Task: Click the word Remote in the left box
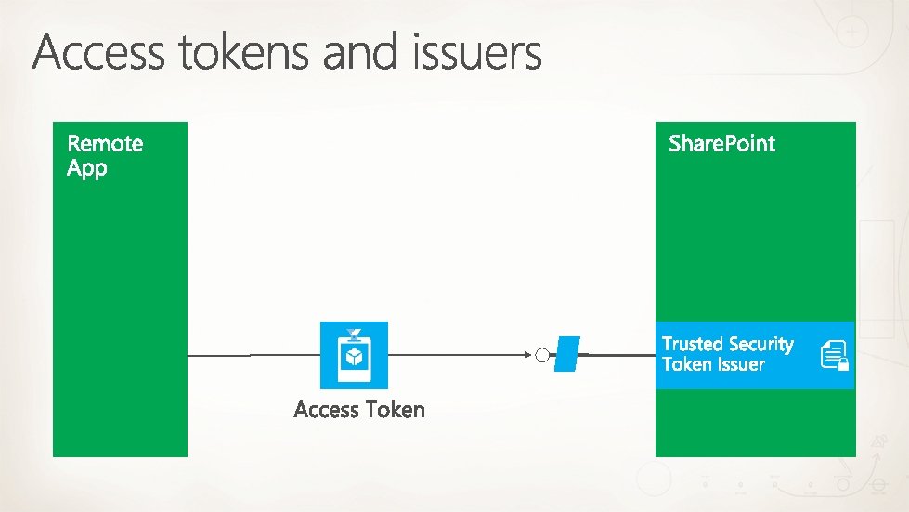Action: pyautogui.click(x=105, y=143)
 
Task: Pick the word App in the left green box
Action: pyautogui.click(x=87, y=169)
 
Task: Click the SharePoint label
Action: pyautogui.click(x=721, y=143)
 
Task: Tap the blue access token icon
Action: pyautogui.click(x=354, y=355)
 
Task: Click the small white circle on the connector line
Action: pyautogui.click(x=542, y=355)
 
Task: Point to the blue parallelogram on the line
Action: pyautogui.click(x=566, y=354)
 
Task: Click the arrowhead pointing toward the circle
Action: pyautogui.click(x=528, y=355)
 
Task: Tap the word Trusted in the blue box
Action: pyautogui.click(x=692, y=344)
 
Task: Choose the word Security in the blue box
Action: pyautogui.click(x=760, y=344)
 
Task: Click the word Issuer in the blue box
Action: pyautogui.click(x=741, y=364)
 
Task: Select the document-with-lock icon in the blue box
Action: pyautogui.click(x=834, y=356)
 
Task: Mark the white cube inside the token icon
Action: pyautogui.click(x=354, y=358)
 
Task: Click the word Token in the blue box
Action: pyautogui.click(x=687, y=364)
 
